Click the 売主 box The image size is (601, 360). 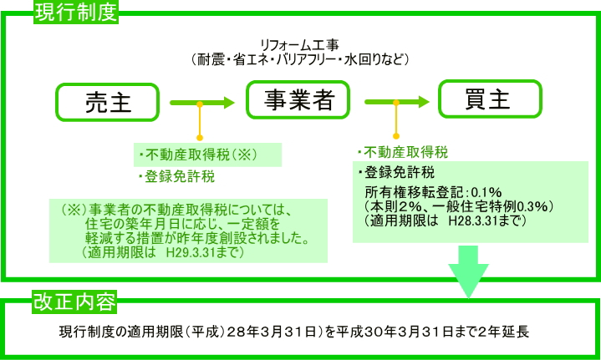pos(108,103)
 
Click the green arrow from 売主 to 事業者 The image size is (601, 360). pos(201,103)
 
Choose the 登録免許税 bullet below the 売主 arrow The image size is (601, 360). pos(176,177)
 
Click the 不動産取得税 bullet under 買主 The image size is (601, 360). pos(403,153)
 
